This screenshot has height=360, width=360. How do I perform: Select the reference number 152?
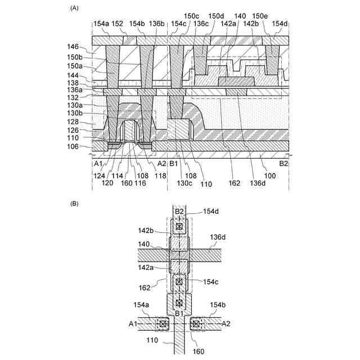pos(117,24)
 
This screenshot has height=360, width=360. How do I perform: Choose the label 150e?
pos(259,16)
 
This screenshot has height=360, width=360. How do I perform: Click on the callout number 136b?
pos(157,24)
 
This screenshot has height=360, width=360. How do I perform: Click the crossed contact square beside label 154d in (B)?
pos(179,227)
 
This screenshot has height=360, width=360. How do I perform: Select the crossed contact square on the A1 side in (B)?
pos(164,324)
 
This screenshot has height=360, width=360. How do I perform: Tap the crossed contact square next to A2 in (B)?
pos(195,324)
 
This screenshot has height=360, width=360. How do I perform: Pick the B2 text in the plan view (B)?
pos(179,211)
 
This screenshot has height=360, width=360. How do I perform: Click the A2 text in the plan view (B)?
pos(226,324)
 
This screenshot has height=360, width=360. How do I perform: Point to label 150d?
pos(215,16)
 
